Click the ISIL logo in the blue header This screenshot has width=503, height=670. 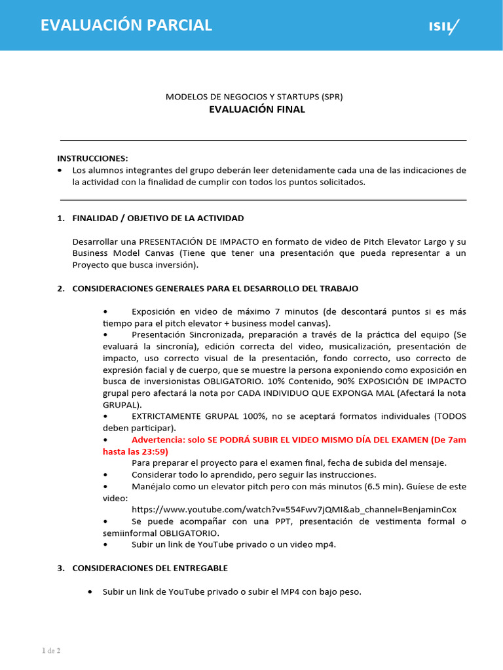click(444, 26)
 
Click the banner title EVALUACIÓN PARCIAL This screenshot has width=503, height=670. click(126, 25)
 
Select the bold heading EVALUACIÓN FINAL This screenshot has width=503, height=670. click(257, 109)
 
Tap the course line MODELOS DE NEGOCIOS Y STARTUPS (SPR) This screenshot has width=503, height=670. click(254, 96)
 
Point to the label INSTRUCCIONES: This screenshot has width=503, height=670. click(93, 158)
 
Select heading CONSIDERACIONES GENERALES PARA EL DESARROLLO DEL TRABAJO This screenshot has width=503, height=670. click(215, 289)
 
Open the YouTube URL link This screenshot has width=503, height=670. click(294, 509)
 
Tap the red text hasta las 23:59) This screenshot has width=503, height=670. click(136, 451)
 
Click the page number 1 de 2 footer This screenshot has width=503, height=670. click(51, 650)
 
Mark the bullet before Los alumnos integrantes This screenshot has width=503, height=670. click(61, 170)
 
